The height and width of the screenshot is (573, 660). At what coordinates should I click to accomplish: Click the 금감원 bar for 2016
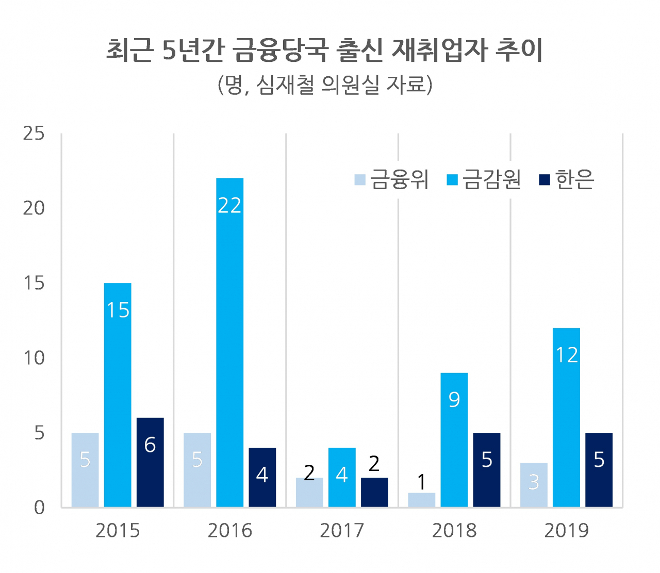229,343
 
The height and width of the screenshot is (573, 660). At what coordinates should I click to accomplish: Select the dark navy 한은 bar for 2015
150,462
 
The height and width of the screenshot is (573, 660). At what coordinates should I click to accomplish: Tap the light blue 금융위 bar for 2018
422,500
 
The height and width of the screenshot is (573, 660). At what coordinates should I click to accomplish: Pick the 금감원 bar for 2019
567,418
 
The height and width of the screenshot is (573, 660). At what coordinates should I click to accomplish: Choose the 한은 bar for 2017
374,493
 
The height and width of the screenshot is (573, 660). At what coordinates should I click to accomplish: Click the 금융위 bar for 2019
534,485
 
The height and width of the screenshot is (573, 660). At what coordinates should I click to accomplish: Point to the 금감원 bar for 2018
454,440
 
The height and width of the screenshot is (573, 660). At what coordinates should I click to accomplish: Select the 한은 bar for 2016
262,478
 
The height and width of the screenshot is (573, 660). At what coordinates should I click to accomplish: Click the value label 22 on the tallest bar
229,205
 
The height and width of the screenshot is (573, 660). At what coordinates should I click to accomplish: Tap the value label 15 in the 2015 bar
118,310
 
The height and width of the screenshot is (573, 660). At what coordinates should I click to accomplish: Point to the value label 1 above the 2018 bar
422,482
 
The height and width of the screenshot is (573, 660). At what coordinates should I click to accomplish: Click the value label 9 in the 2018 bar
454,400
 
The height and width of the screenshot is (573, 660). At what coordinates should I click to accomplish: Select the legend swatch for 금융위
360,180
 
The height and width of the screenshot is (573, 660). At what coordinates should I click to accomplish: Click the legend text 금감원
491,179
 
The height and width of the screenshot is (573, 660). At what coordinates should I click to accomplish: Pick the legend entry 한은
567,179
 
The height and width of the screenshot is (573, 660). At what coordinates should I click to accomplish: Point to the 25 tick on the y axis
34,133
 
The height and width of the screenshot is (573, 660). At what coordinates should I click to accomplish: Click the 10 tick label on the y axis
34,358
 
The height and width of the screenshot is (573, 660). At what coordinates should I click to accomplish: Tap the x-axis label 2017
342,531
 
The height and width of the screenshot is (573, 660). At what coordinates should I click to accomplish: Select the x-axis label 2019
567,531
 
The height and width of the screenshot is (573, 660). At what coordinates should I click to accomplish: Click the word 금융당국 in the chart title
280,50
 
